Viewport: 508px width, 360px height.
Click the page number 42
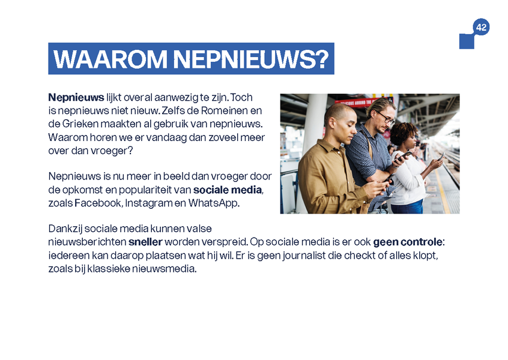pos(481,28)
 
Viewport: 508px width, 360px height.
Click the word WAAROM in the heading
pos(110,59)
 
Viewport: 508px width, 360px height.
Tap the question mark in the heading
pos(322,59)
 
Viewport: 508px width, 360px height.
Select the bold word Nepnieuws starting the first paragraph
pos(76,97)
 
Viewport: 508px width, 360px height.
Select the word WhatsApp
pos(214,203)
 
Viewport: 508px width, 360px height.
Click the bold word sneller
pos(145,242)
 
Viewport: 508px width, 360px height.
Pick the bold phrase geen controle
pos(408,242)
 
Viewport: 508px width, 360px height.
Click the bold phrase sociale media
pos(228,190)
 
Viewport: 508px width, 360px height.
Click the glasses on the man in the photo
pos(386,118)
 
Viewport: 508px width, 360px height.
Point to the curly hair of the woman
pos(402,132)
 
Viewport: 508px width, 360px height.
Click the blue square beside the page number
pos(466,41)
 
